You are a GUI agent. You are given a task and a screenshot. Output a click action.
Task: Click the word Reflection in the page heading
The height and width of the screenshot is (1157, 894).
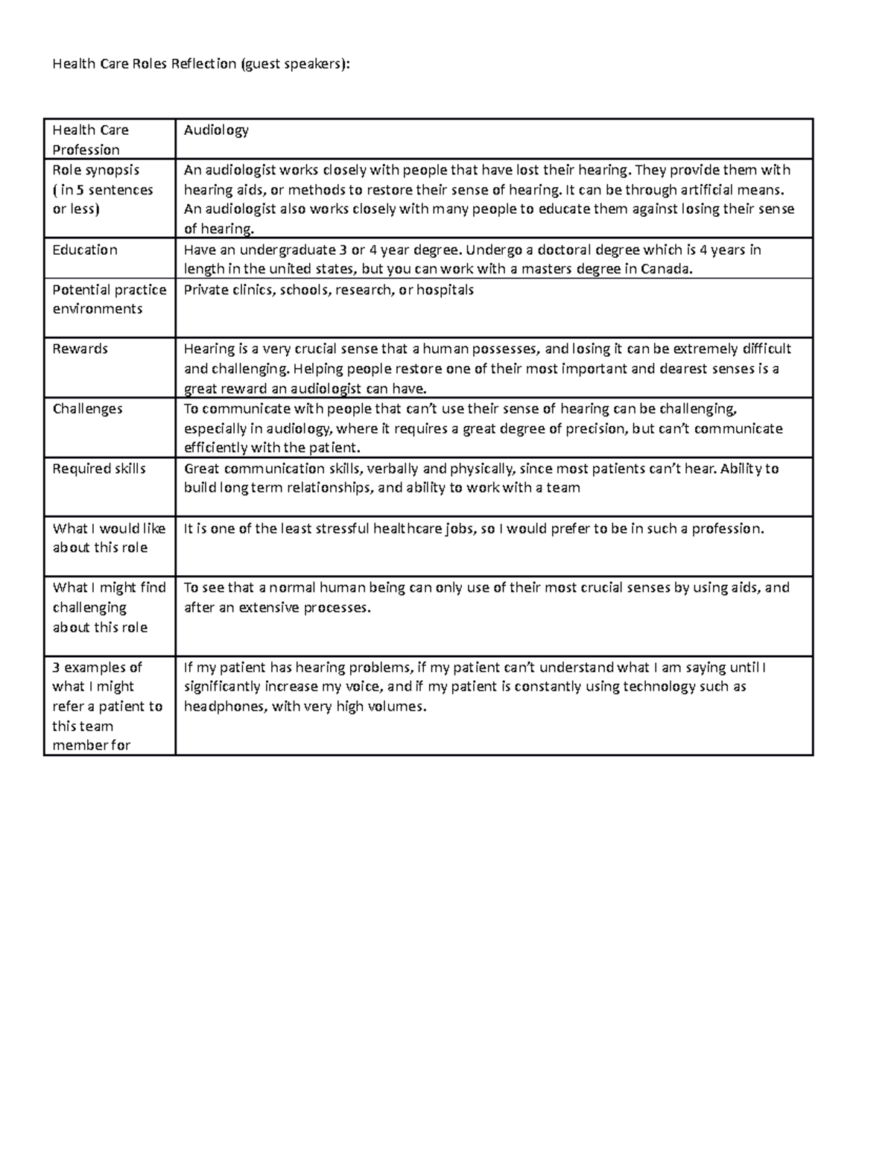click(x=203, y=64)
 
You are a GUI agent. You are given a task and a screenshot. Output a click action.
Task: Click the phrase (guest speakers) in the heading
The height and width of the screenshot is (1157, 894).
click(x=294, y=64)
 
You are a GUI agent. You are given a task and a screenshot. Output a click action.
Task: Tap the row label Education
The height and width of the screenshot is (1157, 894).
click(x=85, y=250)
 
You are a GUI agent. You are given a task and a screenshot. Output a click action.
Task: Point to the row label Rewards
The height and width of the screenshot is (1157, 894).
click(x=80, y=349)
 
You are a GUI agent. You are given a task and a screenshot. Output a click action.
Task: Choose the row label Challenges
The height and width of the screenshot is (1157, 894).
click(x=87, y=409)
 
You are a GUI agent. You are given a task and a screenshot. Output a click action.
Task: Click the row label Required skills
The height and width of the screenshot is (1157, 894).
click(x=99, y=469)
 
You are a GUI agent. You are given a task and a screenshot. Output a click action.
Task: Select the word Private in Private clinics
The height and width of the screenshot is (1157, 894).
click(x=206, y=290)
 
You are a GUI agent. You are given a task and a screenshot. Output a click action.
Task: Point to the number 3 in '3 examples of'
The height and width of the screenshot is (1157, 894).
click(x=56, y=668)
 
